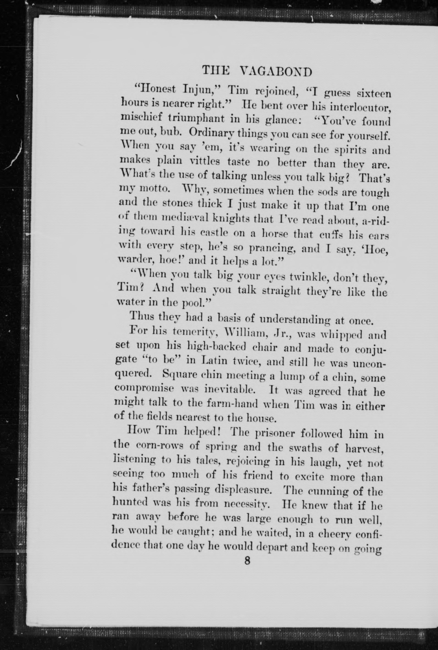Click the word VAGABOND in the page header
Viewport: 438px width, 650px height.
pos(276,72)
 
